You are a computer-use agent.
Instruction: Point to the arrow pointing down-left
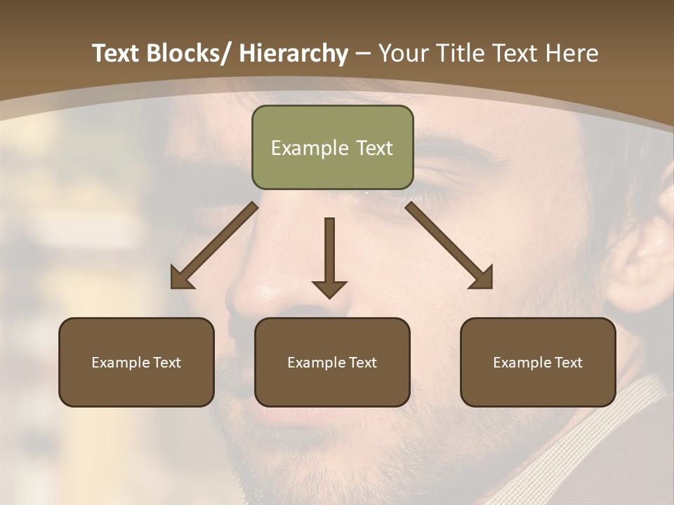[x=213, y=246]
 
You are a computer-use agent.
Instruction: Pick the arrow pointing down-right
[x=449, y=246]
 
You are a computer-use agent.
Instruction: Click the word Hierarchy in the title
[x=293, y=53]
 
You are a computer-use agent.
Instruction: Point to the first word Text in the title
[x=117, y=53]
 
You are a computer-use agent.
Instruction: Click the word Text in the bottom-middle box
[x=362, y=363]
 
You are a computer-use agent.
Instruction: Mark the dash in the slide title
[x=363, y=53]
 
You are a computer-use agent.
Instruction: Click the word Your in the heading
[x=402, y=53]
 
